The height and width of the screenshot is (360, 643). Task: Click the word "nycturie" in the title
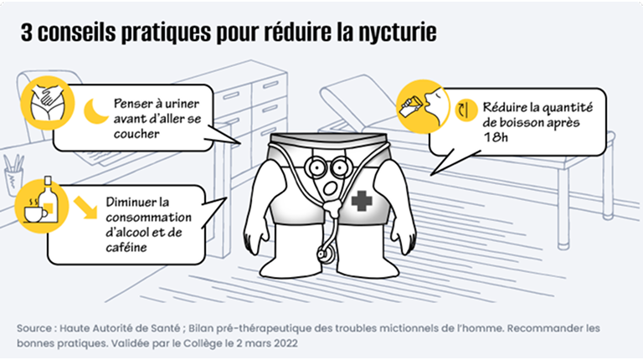point(398,33)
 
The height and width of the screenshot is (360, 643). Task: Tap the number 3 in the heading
point(27,33)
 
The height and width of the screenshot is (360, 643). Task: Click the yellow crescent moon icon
point(96,111)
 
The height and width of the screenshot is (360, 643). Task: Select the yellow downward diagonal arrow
point(85,207)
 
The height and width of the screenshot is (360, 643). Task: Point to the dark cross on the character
point(362,201)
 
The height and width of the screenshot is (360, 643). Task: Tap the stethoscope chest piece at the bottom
point(325,253)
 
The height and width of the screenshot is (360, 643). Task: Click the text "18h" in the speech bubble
point(496,137)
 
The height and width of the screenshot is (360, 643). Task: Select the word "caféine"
point(126,248)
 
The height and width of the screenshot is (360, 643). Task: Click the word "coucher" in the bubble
point(136,134)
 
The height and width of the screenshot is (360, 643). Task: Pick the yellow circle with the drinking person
point(423,106)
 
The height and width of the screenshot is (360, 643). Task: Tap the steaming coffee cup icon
point(35,210)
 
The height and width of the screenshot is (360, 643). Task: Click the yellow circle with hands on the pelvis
point(48,103)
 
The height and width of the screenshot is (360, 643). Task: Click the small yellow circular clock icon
point(466,111)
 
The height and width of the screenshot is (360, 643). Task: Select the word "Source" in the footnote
point(34,328)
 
